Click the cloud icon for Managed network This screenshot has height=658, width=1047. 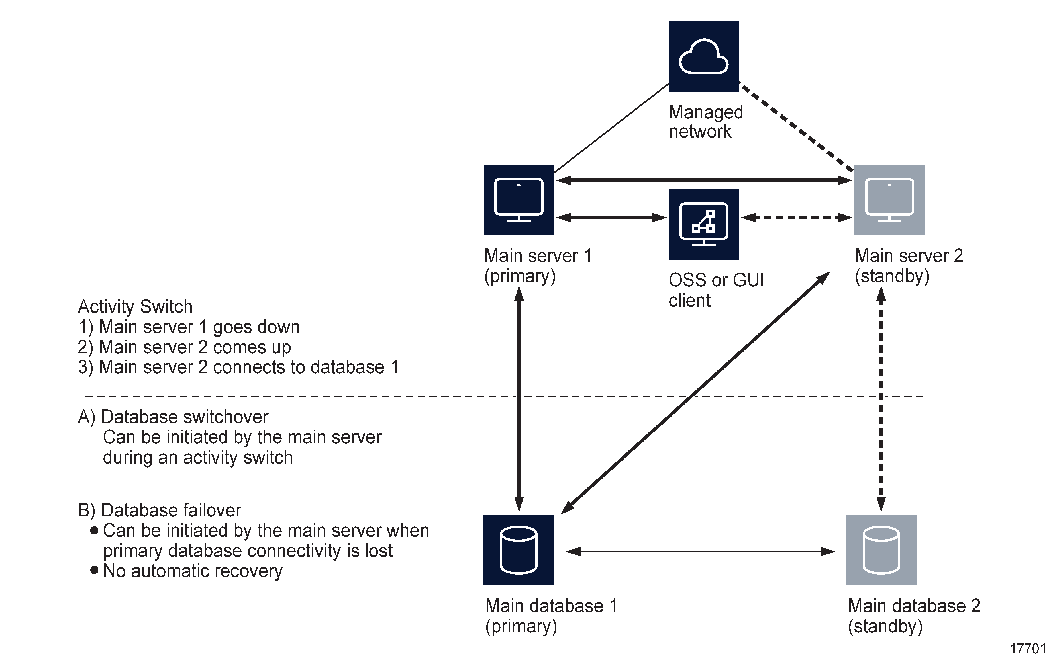pos(703,56)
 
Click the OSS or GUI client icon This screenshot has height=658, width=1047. pos(703,224)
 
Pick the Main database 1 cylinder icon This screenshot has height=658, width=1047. pos(518,550)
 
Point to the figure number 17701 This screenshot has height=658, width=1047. pos(1027,648)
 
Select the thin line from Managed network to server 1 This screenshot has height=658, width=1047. pos(611,128)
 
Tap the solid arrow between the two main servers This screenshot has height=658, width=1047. pos(703,179)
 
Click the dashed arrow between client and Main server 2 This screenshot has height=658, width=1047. pos(796,217)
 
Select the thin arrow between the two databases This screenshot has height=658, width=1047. pos(700,551)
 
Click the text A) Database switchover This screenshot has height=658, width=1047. pos(173,417)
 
